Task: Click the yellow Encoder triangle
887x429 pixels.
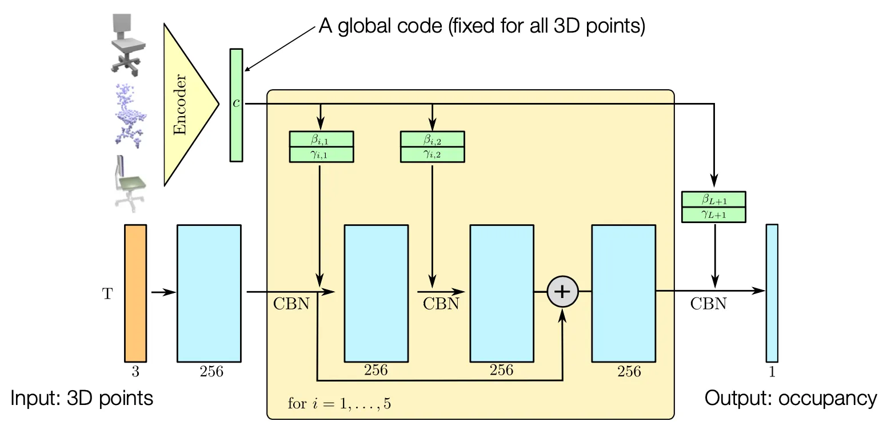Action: click(x=186, y=105)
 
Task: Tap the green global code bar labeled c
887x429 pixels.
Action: click(x=237, y=105)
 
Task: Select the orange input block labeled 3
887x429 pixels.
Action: click(x=135, y=293)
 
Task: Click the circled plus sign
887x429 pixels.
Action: click(x=563, y=292)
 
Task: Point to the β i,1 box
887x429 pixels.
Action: click(x=322, y=139)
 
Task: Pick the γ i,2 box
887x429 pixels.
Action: click(x=433, y=154)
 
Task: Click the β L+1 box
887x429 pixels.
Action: click(x=714, y=200)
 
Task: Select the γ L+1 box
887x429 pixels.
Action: click(x=714, y=214)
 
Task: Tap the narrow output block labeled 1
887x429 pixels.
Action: click(x=772, y=293)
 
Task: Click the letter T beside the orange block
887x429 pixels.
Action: click(x=107, y=294)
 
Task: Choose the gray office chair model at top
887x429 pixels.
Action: click(x=127, y=45)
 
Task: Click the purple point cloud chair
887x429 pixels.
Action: click(x=130, y=116)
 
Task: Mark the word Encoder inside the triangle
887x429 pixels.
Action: click(x=180, y=105)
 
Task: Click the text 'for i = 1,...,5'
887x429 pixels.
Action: click(x=339, y=404)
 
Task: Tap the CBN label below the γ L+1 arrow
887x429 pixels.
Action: click(x=709, y=304)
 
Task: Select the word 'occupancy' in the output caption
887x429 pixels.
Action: click(x=828, y=399)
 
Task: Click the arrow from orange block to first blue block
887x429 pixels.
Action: click(x=163, y=293)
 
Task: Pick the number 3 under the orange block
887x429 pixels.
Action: click(x=135, y=371)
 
